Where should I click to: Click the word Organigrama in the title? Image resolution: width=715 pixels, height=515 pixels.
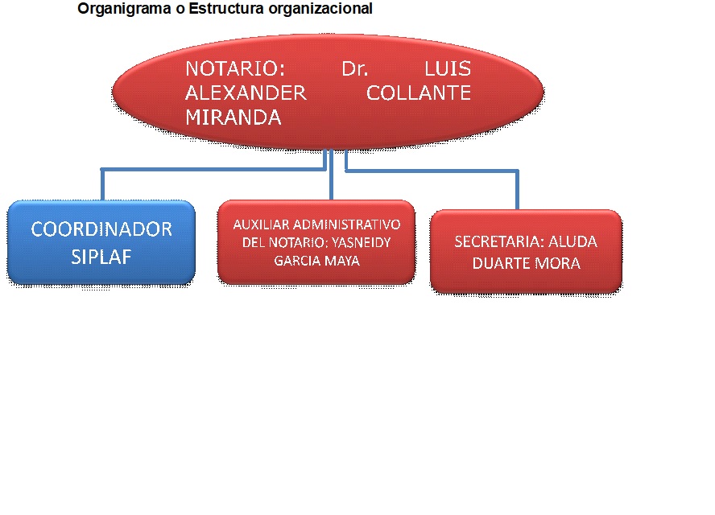[x=124, y=9]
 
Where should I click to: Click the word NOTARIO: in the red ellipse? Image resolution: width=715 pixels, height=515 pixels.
[x=235, y=69]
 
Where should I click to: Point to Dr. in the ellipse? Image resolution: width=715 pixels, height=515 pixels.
[x=355, y=69]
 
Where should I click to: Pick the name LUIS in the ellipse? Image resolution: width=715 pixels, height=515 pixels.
[x=448, y=69]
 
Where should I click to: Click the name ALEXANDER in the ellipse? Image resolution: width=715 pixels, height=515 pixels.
[x=246, y=93]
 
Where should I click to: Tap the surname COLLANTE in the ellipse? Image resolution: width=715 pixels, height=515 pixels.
[x=419, y=93]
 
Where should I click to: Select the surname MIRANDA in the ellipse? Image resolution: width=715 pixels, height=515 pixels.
[x=233, y=117]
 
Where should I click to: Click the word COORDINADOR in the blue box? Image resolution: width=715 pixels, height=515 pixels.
[x=101, y=229]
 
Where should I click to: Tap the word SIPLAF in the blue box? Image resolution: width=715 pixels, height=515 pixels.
[x=101, y=257]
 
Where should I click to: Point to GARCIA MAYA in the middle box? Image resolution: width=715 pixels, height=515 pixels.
[x=317, y=261]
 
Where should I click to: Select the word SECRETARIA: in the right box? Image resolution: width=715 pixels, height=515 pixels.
[x=499, y=241]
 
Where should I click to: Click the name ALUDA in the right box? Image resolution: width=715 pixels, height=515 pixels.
[x=572, y=241]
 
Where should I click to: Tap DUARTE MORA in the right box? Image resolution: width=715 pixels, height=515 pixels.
[x=527, y=263]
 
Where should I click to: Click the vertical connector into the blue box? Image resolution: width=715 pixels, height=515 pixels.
[x=102, y=185]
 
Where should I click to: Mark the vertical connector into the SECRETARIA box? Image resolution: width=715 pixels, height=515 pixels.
[x=518, y=191]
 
